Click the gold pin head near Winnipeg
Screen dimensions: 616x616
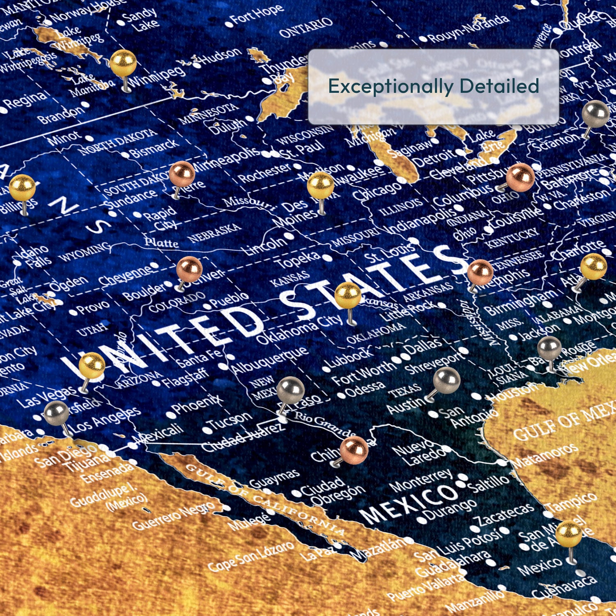[x=123, y=63]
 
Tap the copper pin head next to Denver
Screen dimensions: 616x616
[x=189, y=269]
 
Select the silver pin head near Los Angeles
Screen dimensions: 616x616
[x=56, y=413]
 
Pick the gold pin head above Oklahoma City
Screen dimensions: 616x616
[x=347, y=295]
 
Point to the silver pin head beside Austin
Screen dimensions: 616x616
[x=446, y=380]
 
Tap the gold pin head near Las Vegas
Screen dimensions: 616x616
[x=92, y=365]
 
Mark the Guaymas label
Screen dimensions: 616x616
[x=274, y=478]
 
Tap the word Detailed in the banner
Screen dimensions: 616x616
[x=499, y=86]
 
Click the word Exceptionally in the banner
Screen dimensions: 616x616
[x=390, y=87]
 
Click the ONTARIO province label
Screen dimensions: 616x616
[x=306, y=27]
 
